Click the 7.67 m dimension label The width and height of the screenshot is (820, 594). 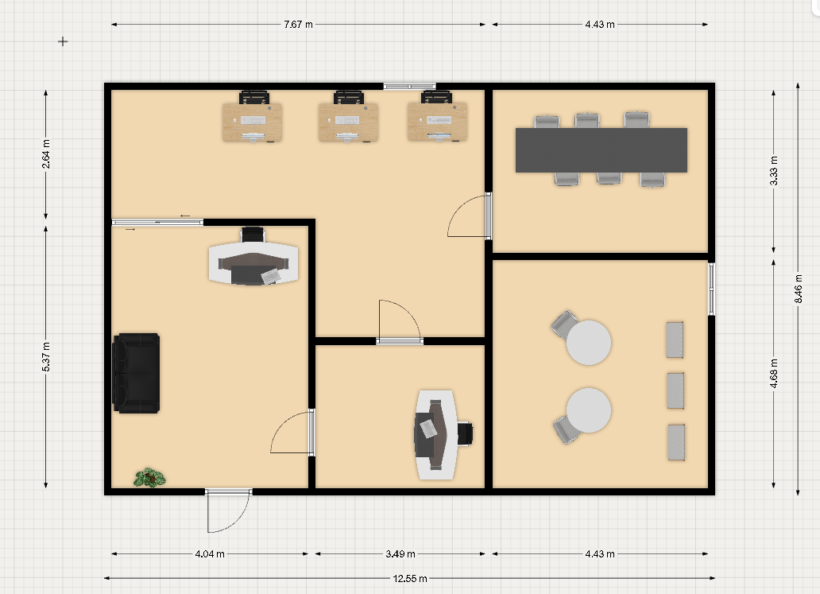298,24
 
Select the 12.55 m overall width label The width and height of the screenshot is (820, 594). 410,578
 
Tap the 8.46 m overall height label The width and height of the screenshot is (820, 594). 798,289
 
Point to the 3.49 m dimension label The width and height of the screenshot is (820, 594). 400,553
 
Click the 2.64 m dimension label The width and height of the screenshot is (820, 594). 46,153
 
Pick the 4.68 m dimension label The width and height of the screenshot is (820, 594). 773,373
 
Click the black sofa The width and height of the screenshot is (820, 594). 136,373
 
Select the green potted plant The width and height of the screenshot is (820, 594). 149,478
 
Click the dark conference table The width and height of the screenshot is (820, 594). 601,150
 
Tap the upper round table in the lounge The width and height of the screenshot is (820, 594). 589,342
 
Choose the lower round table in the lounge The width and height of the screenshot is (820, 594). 589,410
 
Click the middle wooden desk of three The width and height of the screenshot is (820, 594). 348,122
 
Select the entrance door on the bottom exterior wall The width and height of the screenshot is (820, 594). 228,511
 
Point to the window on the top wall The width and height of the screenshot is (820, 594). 409,87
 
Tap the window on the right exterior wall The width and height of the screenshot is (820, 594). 711,289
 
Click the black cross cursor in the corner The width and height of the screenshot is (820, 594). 63,41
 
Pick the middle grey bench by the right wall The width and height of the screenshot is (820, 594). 675,390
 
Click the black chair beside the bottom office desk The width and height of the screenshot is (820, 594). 465,434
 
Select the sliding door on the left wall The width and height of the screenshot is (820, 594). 157,223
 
